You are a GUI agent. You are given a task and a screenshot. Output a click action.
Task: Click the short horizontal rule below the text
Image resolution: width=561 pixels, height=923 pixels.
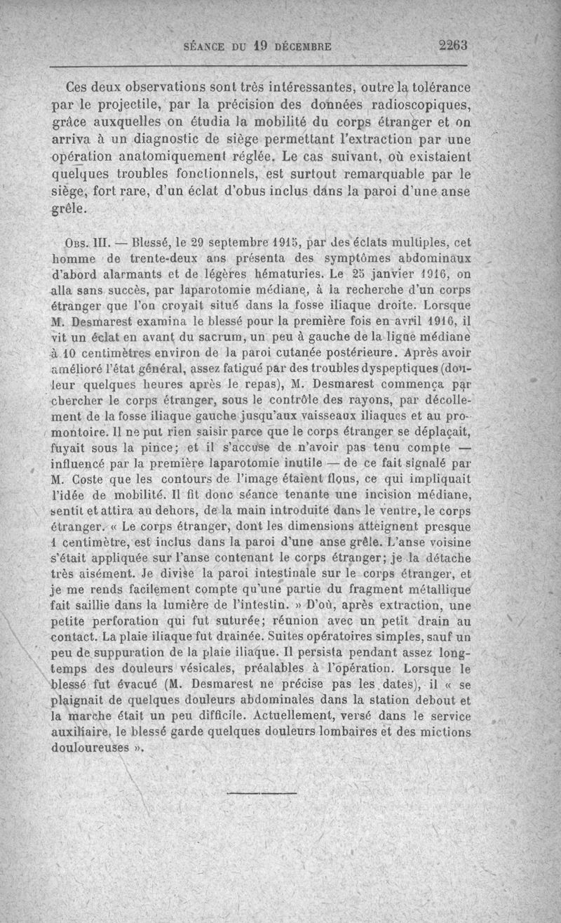pyautogui.click(x=253, y=792)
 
